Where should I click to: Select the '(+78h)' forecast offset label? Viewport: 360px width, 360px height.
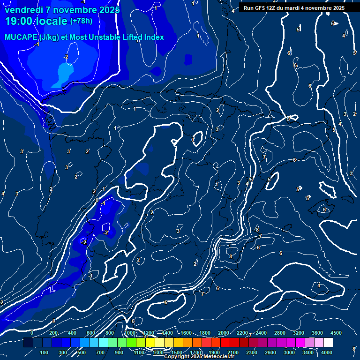click(81, 21)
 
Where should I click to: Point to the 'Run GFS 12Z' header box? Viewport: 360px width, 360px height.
click(294, 8)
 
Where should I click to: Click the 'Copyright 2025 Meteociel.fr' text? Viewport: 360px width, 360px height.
click(199, 356)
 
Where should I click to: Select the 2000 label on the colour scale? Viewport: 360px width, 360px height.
click(224, 333)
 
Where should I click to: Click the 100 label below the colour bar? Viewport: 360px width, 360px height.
click(45, 352)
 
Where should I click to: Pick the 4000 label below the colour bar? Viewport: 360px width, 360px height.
click(327, 352)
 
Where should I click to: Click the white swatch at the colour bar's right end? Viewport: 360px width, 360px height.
click(328, 343)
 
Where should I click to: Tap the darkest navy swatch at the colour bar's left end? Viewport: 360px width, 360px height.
click(28, 343)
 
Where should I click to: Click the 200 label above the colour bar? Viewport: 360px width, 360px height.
click(53, 333)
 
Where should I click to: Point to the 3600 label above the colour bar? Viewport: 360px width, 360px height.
click(317, 333)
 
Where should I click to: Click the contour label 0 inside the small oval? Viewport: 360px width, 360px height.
click(193, 140)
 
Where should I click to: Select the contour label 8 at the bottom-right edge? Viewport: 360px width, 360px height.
click(354, 349)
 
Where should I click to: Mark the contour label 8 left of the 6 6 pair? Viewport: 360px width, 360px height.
click(230, 256)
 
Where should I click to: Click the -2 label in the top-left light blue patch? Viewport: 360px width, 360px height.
click(66, 57)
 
